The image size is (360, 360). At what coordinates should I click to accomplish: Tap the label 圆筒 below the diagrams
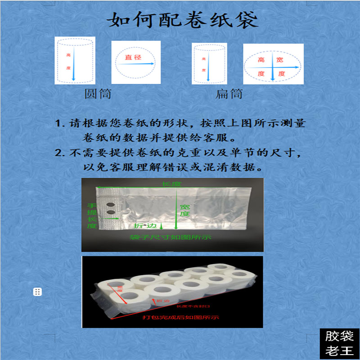[98, 94]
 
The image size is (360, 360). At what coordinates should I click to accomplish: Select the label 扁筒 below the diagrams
[229, 94]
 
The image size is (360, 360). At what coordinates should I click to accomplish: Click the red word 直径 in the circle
[133, 57]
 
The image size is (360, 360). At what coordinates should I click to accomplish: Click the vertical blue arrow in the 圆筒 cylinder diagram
[74, 63]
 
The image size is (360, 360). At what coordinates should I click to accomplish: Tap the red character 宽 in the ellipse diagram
[280, 60]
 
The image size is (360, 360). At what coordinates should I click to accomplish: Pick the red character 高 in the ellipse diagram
[261, 60]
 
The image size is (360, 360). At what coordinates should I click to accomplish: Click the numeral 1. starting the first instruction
[61, 123]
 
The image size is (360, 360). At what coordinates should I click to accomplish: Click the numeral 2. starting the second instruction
[61, 153]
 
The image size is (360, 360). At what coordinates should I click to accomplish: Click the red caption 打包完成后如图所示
[180, 317]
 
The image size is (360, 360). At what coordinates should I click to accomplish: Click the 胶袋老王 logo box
[339, 343]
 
